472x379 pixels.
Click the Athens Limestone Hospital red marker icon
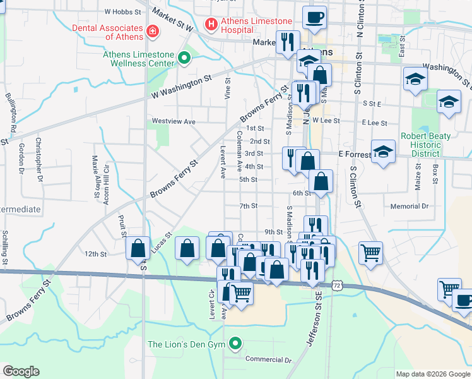pyautogui.click(x=211, y=24)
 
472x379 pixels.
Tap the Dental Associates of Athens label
pyautogui.click(x=107, y=32)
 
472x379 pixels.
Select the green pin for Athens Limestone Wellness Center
pyautogui.click(x=184, y=59)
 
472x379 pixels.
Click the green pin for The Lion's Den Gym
pyautogui.click(x=236, y=344)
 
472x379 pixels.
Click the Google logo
pyautogui.click(x=21, y=371)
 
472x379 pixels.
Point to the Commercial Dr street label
pyautogui.click(x=268, y=360)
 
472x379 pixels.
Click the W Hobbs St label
pyautogui.click(x=122, y=11)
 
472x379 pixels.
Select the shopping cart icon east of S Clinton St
pyautogui.click(x=370, y=253)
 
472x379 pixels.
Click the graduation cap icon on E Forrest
pyautogui.click(x=382, y=152)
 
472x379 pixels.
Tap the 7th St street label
pyautogui.click(x=248, y=206)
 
